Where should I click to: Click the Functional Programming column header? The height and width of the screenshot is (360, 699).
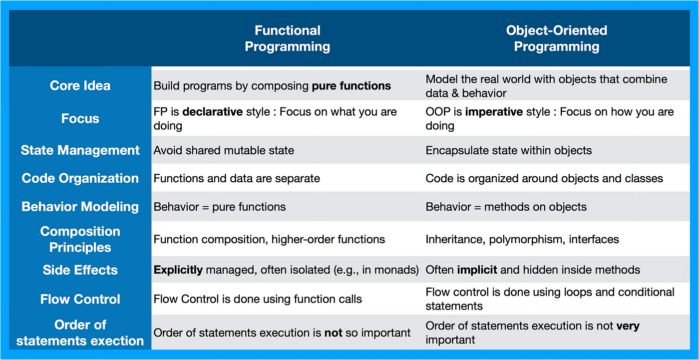288,38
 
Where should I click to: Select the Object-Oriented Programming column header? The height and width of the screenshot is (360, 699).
557,38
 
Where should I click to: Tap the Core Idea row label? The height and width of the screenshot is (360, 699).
80,85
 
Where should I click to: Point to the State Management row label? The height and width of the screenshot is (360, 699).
80,150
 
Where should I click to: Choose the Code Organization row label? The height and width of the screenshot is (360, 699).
80,178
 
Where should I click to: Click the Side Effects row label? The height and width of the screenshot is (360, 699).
80,270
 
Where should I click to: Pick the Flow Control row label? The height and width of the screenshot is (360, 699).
80,299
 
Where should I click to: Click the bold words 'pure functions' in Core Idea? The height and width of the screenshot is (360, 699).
351,86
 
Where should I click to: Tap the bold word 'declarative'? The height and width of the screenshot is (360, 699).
213,112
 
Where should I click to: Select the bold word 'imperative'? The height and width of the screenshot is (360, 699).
494,112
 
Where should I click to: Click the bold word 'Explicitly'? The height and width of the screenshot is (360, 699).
178,270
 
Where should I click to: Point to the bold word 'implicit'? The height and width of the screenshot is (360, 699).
477,270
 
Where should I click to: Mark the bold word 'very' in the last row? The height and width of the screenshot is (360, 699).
628,326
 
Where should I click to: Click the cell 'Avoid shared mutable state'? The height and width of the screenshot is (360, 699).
224,150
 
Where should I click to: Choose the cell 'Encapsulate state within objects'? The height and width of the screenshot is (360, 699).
509,150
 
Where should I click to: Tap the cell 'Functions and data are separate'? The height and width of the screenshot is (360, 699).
237,178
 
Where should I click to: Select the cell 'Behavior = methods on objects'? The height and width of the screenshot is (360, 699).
506,207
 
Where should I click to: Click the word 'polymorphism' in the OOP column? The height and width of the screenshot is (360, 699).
527,240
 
